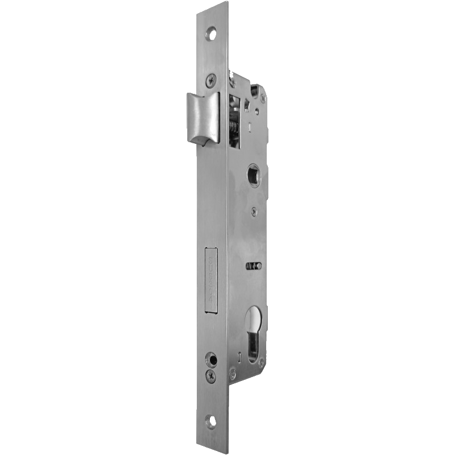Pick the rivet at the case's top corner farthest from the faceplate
click(262, 98)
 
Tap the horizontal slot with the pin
click(254, 266)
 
